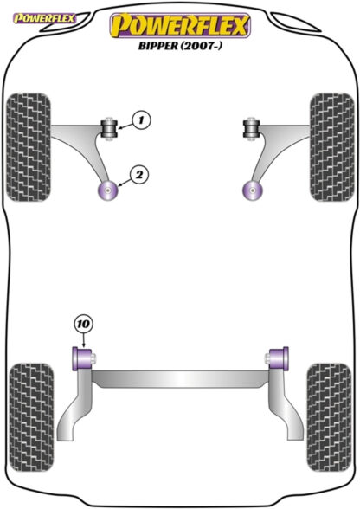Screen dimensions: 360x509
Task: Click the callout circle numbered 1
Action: click(141, 120)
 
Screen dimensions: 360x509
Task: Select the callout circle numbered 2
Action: click(139, 175)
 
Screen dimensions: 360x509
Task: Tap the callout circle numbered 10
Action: click(83, 324)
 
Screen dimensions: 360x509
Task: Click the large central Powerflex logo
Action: click(181, 26)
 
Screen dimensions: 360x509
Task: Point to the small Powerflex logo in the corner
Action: click(43, 18)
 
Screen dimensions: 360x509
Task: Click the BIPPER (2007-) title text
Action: click(181, 46)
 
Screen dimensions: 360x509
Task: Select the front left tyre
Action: click(29, 147)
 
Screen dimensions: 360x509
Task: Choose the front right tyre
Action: click(331, 147)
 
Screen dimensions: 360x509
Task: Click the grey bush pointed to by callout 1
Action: click(109, 128)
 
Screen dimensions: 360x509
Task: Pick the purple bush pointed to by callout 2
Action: click(107, 190)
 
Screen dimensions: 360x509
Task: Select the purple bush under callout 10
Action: click(82, 358)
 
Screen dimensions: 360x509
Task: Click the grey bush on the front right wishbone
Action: click(251, 128)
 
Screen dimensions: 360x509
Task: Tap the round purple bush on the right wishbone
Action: click(253, 190)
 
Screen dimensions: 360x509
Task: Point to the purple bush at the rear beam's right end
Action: click(278, 358)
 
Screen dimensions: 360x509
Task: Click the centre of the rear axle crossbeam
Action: click(181, 379)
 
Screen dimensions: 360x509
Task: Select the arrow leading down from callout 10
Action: click(84, 340)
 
